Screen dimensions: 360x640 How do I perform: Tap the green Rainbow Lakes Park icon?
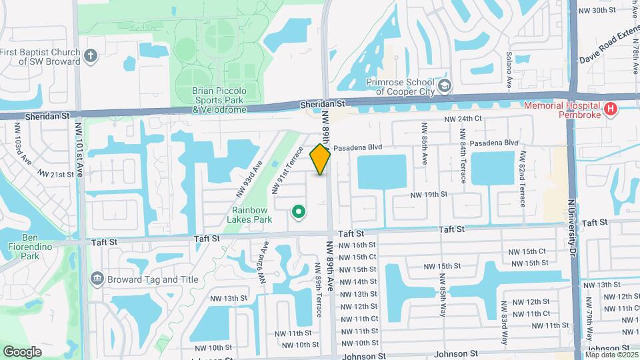[299, 213]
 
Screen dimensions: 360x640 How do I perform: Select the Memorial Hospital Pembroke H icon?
[609, 109]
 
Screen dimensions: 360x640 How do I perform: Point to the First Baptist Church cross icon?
[91, 56]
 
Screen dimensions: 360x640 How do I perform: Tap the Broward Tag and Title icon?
[97, 277]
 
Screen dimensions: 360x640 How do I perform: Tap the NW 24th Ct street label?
[464, 119]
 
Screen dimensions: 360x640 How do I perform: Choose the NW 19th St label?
[428, 195]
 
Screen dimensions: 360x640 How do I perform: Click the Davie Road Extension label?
[603, 48]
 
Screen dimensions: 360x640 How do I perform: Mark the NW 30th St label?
[596, 10]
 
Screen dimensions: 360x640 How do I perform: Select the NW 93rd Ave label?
[249, 179]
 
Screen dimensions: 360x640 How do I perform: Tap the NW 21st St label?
[55, 174]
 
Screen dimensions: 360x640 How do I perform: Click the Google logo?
[23, 351]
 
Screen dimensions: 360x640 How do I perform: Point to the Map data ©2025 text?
[611, 355]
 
